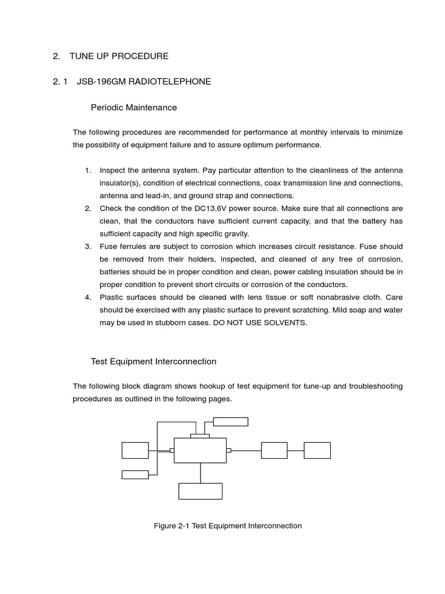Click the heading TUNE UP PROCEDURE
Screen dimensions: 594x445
pyautogui.click(x=119, y=56)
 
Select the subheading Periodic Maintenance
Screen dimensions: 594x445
pyautogui.click(x=134, y=107)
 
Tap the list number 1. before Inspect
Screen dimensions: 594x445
pyautogui.click(x=88, y=170)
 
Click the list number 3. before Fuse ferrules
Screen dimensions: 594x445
pyautogui.click(x=88, y=247)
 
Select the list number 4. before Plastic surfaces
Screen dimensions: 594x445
pyautogui.click(x=88, y=298)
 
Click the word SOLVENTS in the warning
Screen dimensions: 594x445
pyautogui.click(x=285, y=323)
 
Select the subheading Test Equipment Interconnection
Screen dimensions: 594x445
pyautogui.click(x=154, y=361)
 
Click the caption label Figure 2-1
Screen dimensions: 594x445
pyautogui.click(x=172, y=526)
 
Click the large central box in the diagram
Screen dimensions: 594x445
pyautogui.click(x=200, y=451)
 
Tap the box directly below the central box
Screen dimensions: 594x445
pyautogui.click(x=200, y=491)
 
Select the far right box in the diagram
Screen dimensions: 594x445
pyautogui.click(x=317, y=451)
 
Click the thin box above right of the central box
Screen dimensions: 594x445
pyautogui.click(x=231, y=422)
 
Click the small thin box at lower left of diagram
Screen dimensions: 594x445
pyautogui.click(x=135, y=475)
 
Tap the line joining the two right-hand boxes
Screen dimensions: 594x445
pyautogui.click(x=296, y=451)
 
